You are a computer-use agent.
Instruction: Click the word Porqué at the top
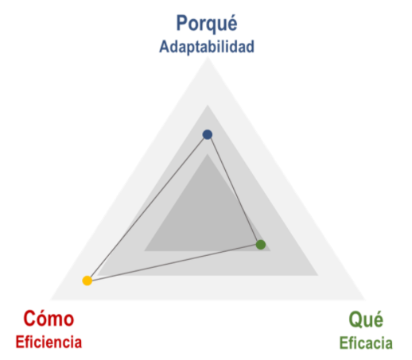click(x=207, y=24)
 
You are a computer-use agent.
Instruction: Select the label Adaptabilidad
click(x=207, y=47)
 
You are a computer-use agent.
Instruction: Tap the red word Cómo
click(x=49, y=318)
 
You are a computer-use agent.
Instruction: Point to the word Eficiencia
click(x=49, y=342)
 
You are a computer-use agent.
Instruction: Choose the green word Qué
click(x=366, y=320)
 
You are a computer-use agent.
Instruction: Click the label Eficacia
click(x=366, y=343)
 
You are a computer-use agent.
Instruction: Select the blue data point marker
click(x=208, y=134)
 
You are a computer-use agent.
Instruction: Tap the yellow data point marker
click(x=87, y=281)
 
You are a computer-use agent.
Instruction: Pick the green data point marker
click(x=261, y=245)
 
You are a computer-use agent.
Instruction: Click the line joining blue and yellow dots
click(x=147, y=207)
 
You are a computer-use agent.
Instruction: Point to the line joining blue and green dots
click(x=234, y=189)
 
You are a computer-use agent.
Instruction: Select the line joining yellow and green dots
click(x=174, y=262)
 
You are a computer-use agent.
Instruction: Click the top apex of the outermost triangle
click(x=208, y=57)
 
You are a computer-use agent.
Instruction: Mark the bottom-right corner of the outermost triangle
click(x=366, y=300)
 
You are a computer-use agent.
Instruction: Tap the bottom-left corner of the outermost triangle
click(x=49, y=300)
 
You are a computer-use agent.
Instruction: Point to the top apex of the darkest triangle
click(x=208, y=153)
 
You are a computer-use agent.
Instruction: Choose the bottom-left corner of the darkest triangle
click(x=144, y=251)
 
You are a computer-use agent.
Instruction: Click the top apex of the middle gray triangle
click(x=208, y=105)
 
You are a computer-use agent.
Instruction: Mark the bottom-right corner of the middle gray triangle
click(x=318, y=276)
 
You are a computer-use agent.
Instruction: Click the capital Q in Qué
click(x=355, y=319)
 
